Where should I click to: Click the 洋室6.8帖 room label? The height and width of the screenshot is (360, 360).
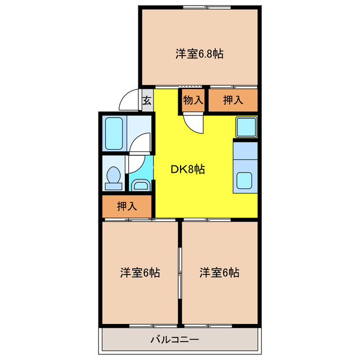click(200, 54)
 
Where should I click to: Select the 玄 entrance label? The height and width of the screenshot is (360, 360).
click(147, 101)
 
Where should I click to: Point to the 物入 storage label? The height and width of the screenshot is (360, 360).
click(193, 101)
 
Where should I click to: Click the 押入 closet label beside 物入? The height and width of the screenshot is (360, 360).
click(233, 101)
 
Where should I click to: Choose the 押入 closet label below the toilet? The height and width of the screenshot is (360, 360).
click(127, 206)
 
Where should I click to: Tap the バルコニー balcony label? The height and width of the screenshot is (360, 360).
click(175, 340)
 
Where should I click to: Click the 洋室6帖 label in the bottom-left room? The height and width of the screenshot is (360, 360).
click(140, 273)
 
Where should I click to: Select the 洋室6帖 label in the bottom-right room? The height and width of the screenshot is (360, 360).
click(219, 273)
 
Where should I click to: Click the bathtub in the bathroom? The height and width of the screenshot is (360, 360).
click(114, 133)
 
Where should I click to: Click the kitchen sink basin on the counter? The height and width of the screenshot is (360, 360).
click(245, 181)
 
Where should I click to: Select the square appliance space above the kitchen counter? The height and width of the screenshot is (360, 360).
click(245, 128)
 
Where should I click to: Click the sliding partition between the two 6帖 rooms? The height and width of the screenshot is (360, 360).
click(180, 273)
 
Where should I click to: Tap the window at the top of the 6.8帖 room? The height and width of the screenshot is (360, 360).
click(200, 7)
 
